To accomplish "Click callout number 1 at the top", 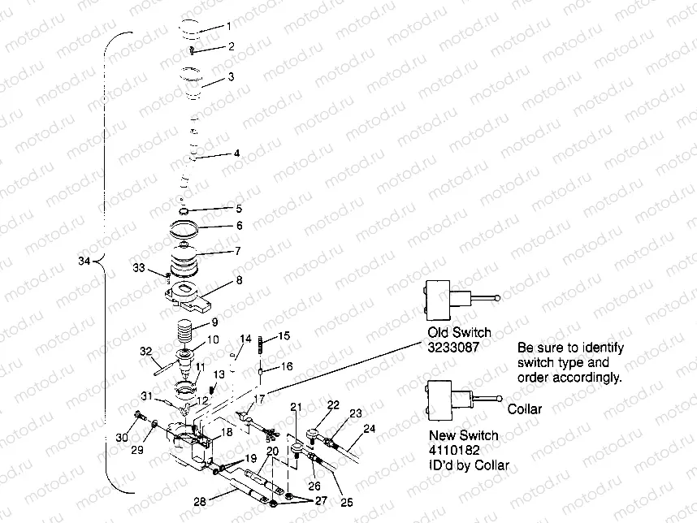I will [228, 27].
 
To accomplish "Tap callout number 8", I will [239, 280].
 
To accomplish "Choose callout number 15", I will [284, 335].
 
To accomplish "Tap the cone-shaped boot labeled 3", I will [192, 84].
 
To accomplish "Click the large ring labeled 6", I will [193, 229].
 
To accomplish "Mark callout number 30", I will [122, 439].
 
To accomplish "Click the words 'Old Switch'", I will [458, 333].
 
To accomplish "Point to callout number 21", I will [297, 406].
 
